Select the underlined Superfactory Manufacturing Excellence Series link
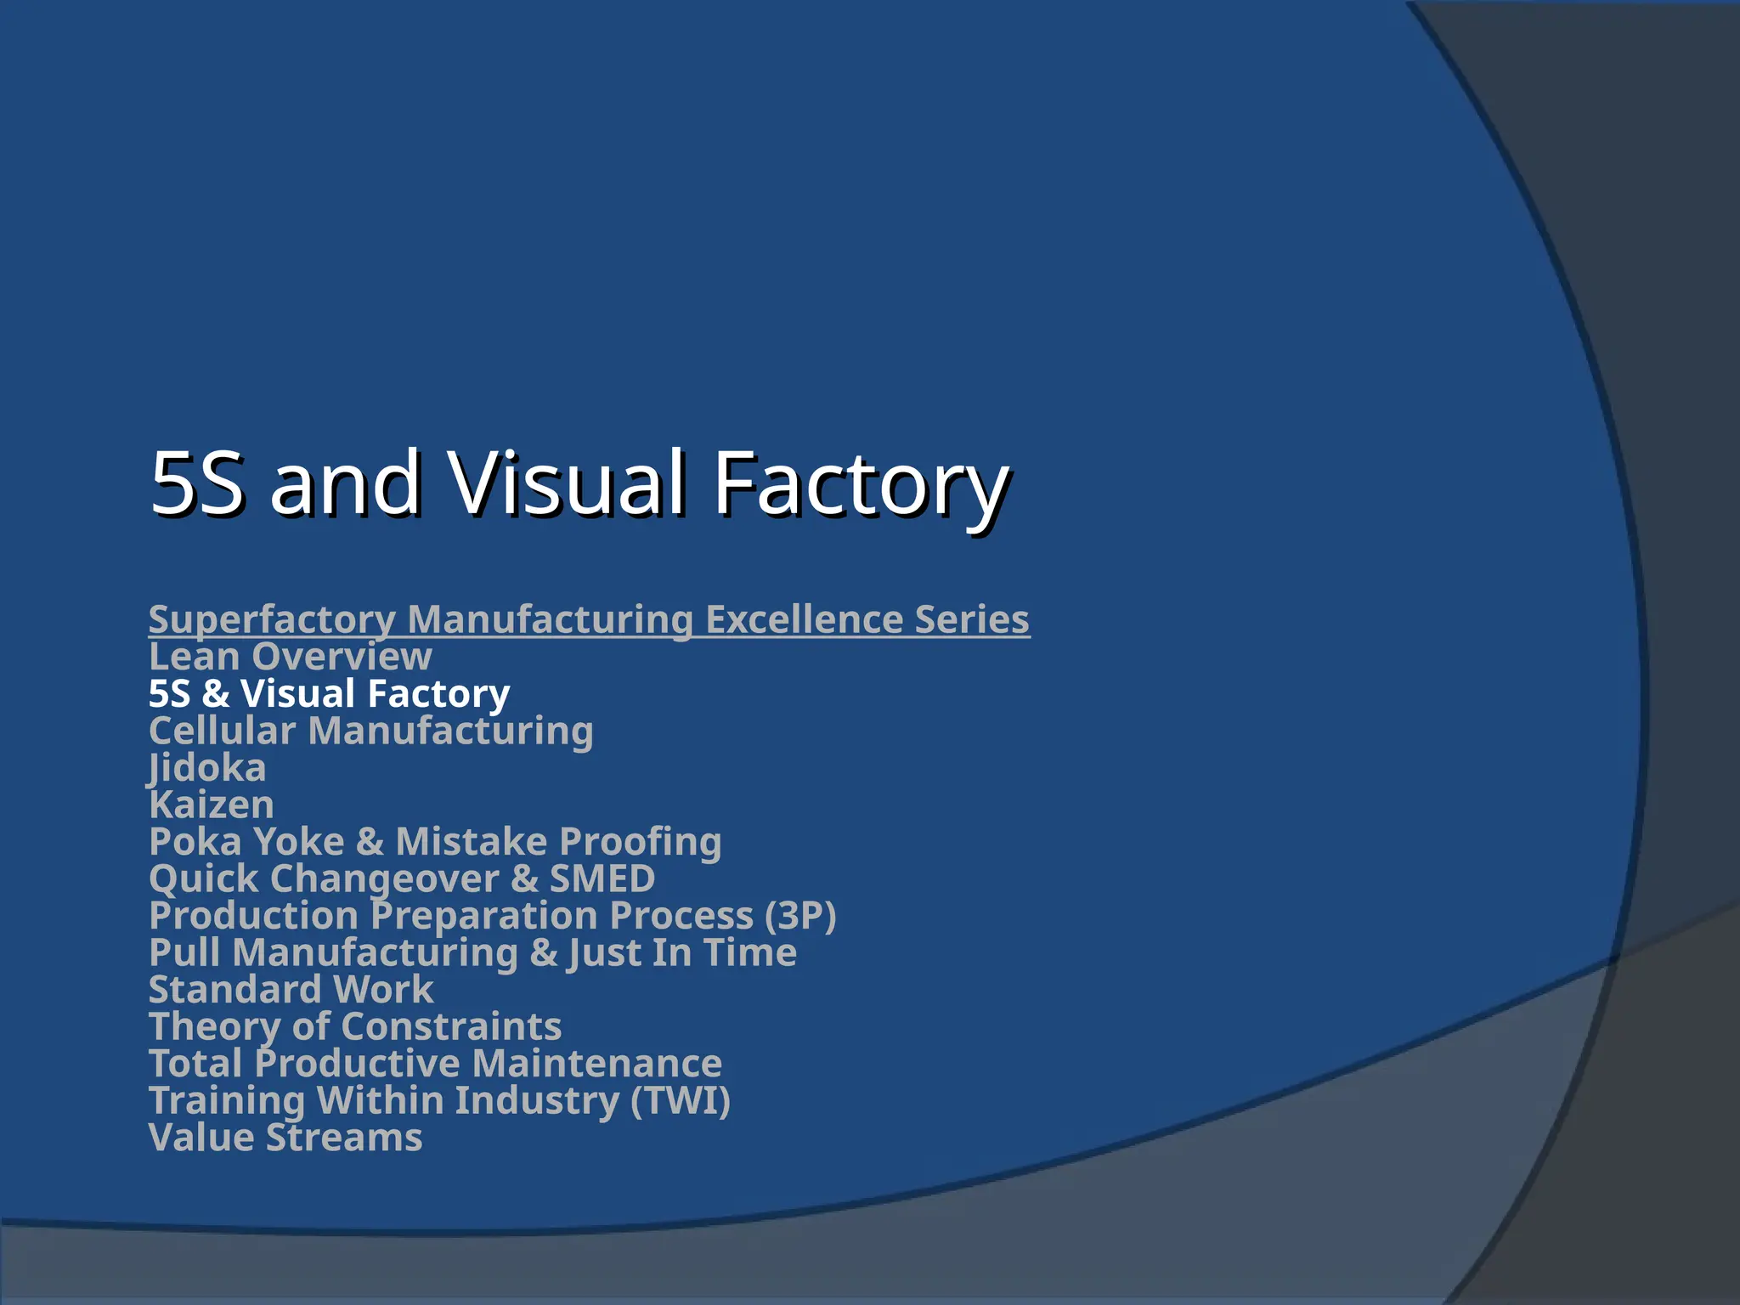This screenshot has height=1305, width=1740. (589, 619)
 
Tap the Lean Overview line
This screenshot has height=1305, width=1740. (291, 657)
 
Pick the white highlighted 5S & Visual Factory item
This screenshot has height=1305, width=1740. (329, 693)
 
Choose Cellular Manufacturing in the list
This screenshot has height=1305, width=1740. (370, 731)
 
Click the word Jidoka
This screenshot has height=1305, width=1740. (207, 768)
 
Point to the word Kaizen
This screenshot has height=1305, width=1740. (212, 805)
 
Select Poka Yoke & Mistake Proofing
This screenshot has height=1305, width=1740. (435, 842)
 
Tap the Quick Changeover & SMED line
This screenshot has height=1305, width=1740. (402, 878)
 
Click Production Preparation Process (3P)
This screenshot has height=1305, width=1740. (493, 916)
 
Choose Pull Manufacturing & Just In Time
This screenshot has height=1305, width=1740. (472, 952)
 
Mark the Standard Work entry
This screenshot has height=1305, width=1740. (291, 990)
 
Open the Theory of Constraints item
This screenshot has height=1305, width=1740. (355, 1026)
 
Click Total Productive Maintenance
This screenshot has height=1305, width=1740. (435, 1064)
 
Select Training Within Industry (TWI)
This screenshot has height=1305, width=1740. (439, 1100)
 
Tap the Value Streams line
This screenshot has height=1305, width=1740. (285, 1138)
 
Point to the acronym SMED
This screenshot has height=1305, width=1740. (602, 878)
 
